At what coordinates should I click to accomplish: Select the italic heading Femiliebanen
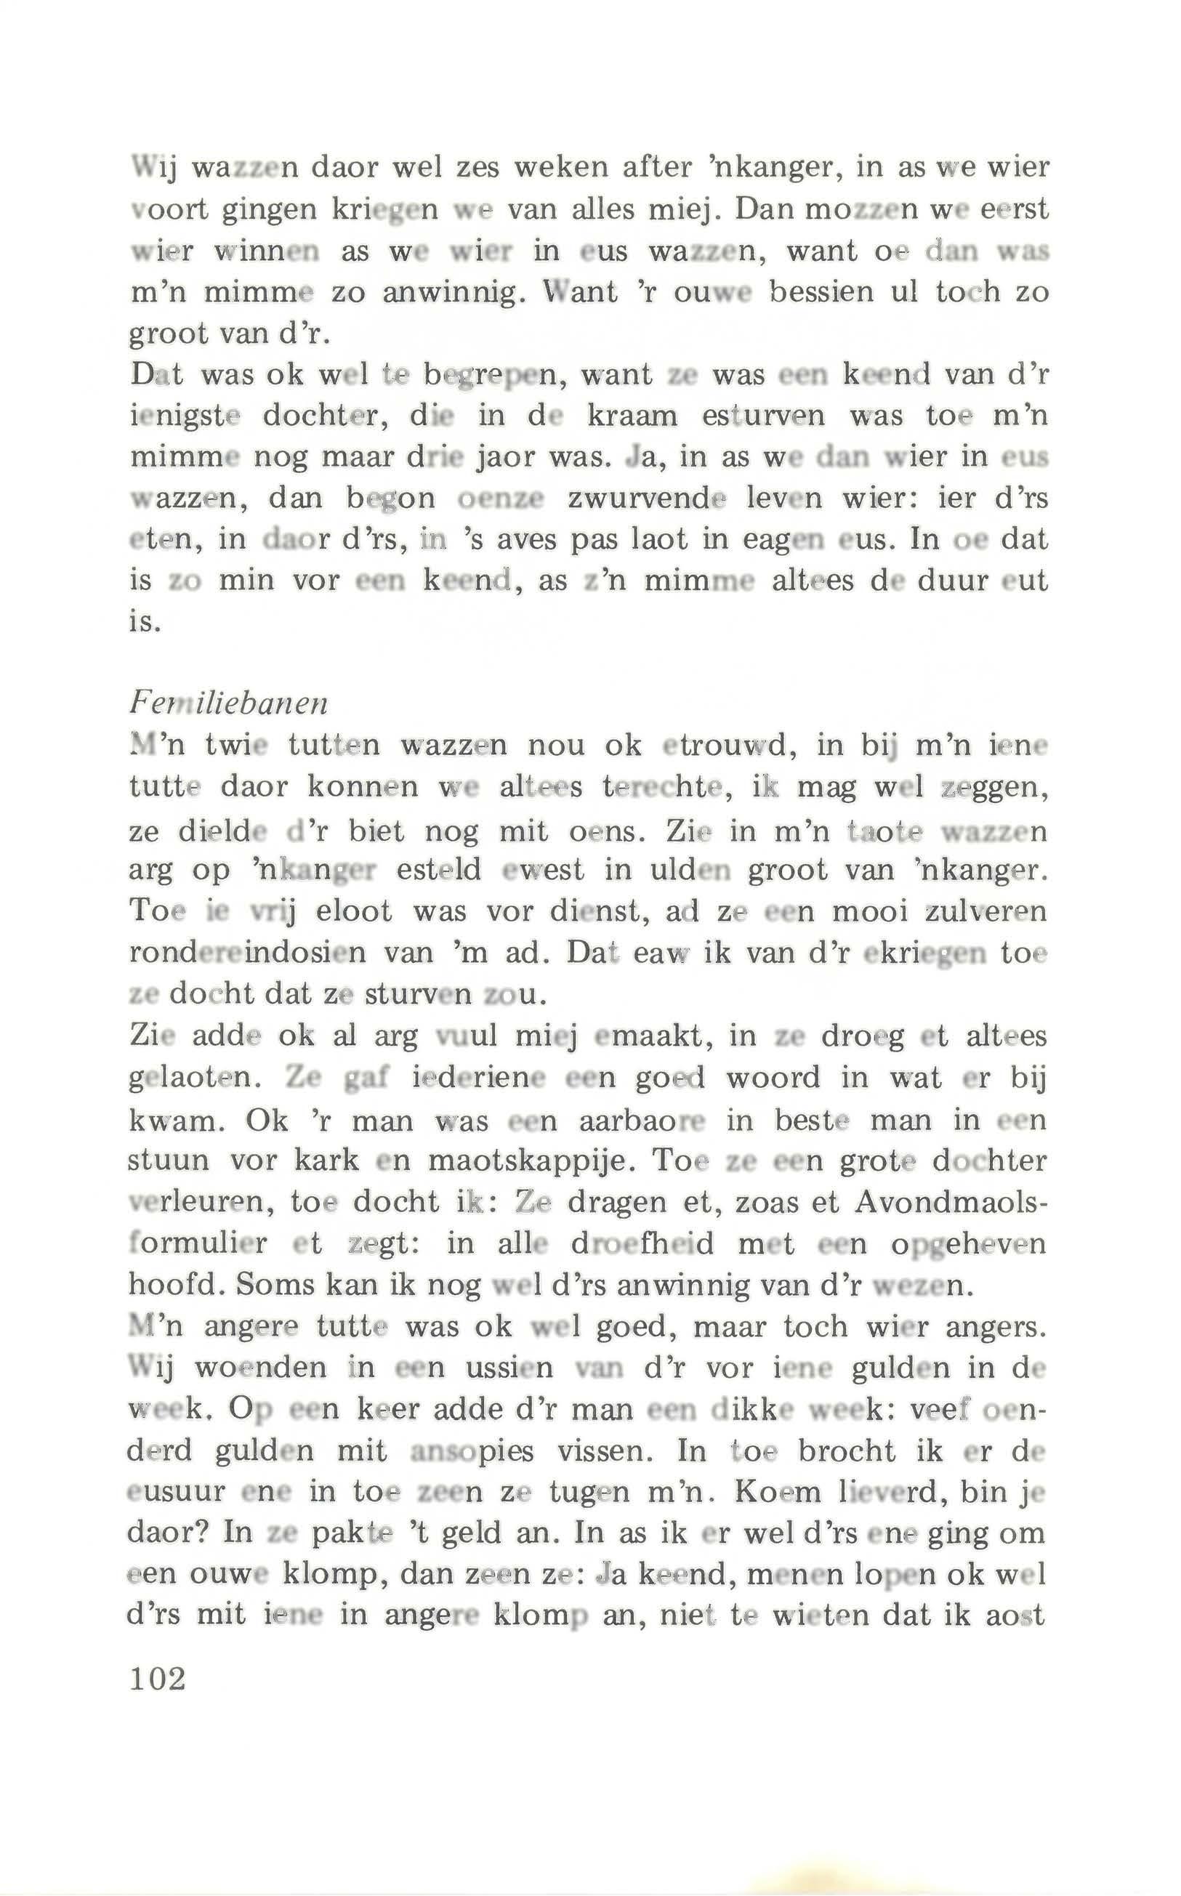point(227,704)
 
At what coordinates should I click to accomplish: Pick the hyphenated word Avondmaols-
point(951,1202)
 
